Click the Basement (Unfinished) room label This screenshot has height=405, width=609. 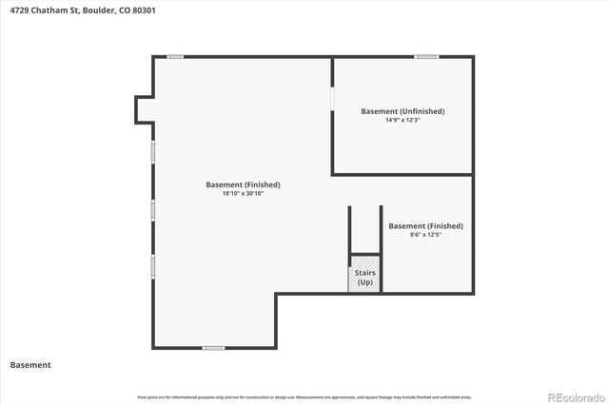coord(403,111)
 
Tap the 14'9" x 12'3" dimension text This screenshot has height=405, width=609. coord(403,121)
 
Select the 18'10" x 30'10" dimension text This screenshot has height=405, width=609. coord(243,193)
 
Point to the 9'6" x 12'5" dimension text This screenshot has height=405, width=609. coord(425,235)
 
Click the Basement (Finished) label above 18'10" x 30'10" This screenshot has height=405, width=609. coord(243,184)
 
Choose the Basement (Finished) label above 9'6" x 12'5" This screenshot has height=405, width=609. coord(425,226)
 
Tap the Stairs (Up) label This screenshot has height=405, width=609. coord(365,278)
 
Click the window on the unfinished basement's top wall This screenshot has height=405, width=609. coord(426,56)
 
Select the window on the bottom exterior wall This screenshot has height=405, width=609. coord(213,348)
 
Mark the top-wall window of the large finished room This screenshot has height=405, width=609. coord(175,56)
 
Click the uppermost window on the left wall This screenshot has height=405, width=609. coord(152,151)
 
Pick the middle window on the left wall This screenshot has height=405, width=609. coord(152,210)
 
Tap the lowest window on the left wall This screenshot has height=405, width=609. coord(152,266)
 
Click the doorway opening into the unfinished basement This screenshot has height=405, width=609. coord(332,99)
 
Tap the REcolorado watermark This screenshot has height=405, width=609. coord(574,395)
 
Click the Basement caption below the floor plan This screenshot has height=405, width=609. coord(30,365)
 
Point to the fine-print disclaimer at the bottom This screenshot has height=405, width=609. coord(304,396)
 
